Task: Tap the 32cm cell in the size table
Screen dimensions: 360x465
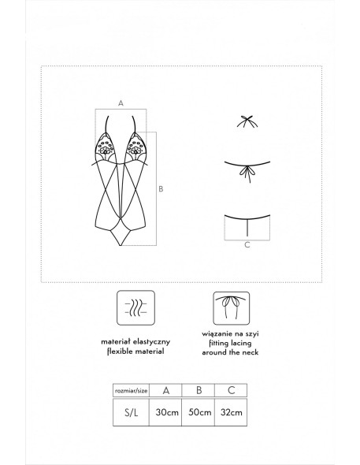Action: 231,412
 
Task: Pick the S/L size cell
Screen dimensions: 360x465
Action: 131,412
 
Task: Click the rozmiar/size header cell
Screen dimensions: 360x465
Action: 131,391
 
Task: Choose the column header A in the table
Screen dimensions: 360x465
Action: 165,391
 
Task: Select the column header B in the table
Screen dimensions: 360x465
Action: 199,391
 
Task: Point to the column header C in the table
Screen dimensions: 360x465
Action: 231,391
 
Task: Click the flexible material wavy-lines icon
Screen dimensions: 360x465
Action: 135,307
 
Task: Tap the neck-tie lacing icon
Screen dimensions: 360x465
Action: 231,307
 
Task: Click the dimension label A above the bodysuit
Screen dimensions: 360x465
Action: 121,103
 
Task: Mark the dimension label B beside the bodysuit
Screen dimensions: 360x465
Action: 161,189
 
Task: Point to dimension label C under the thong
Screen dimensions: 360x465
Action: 247,245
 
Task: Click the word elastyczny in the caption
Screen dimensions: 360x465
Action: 152,342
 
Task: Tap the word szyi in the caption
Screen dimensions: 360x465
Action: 252,334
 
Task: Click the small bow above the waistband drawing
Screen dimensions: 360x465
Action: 247,121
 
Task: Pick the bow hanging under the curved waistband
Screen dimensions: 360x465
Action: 247,173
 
